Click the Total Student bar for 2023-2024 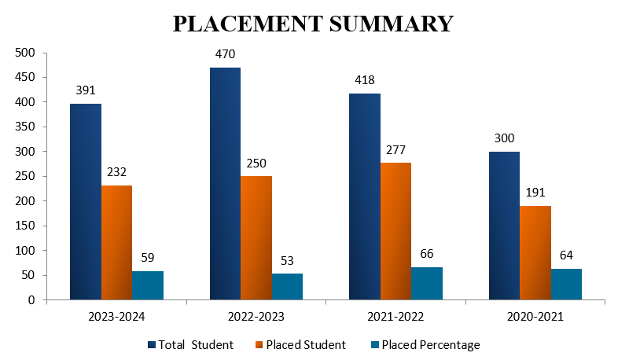click(x=86, y=202)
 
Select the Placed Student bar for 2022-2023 click(x=256, y=238)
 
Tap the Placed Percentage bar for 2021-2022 click(x=427, y=284)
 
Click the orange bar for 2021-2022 click(x=395, y=231)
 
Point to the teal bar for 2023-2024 click(x=148, y=285)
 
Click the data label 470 click(x=226, y=54)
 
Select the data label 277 click(x=395, y=149)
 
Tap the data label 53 click(x=287, y=260)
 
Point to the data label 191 click(x=535, y=193)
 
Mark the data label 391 click(x=86, y=90)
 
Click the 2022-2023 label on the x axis click(x=256, y=316)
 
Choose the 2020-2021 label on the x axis click(x=535, y=316)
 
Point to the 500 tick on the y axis click(x=26, y=53)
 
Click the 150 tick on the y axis click(x=26, y=226)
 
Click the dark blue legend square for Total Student click(x=151, y=344)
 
